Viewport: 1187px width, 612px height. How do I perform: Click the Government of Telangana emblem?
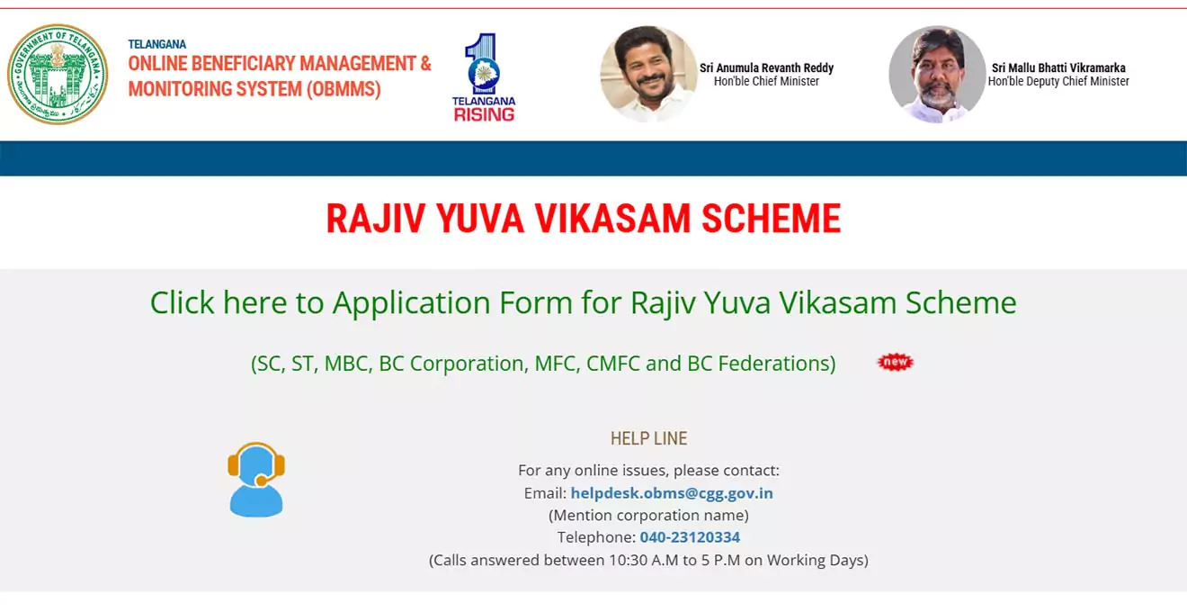click(x=58, y=74)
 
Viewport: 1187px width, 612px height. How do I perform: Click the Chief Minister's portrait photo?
click(x=648, y=74)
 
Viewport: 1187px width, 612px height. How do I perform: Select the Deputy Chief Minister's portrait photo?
click(x=937, y=74)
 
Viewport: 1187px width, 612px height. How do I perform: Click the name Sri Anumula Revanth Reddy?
click(x=766, y=67)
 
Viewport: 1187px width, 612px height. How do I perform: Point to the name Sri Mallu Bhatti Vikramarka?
click(x=1058, y=67)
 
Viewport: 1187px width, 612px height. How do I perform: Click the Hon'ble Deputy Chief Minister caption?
click(x=1058, y=82)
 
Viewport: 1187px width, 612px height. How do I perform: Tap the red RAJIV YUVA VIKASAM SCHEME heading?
click(x=583, y=220)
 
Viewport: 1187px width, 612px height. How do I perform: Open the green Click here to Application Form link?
click(x=583, y=302)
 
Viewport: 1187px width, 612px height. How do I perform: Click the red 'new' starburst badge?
click(x=895, y=362)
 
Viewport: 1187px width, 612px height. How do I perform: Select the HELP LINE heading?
click(x=648, y=438)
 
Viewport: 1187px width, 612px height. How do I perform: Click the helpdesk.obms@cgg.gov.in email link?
click(x=672, y=493)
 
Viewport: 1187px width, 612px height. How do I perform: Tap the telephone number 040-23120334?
click(x=690, y=537)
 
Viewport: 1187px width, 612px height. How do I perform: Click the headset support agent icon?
click(x=256, y=480)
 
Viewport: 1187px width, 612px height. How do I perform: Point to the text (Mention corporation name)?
click(x=648, y=515)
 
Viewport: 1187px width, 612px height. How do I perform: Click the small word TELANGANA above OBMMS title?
click(x=156, y=44)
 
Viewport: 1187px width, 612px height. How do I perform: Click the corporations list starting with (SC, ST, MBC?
click(x=543, y=364)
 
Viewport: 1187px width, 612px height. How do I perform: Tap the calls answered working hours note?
click(x=648, y=560)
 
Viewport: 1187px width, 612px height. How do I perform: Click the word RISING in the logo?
click(x=484, y=114)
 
